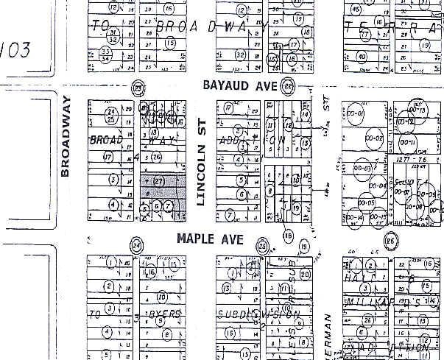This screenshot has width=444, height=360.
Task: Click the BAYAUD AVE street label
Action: [x=239, y=86]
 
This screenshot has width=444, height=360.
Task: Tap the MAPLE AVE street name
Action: [x=207, y=239]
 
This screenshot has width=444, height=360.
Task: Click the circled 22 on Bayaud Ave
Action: [x=288, y=85]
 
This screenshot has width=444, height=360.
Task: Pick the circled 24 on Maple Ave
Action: [x=135, y=245]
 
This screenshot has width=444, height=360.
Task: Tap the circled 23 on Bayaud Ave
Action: [x=137, y=88]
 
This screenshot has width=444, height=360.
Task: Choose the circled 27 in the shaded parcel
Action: [x=156, y=180]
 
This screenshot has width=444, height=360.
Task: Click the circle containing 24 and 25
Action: [x=112, y=114]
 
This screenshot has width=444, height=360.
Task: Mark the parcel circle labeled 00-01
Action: [x=356, y=116]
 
